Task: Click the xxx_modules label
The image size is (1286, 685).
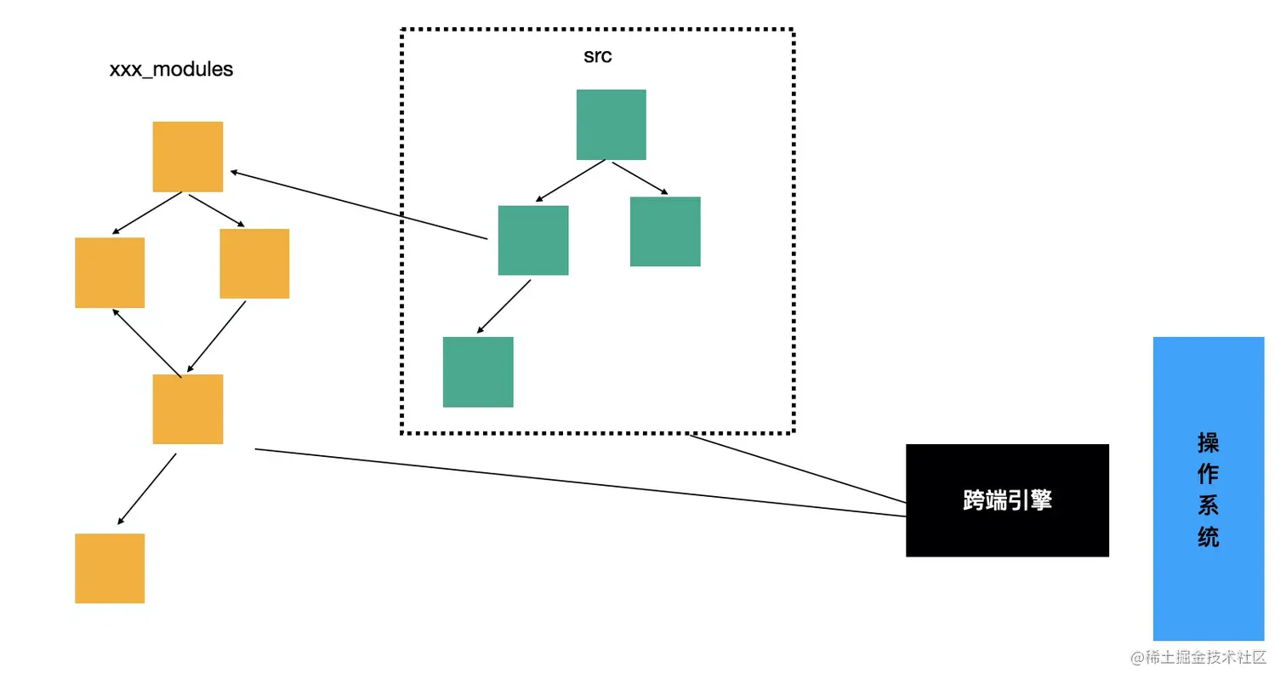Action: click(171, 70)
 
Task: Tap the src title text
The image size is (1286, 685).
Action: click(598, 56)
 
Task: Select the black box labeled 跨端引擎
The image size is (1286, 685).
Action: click(1007, 500)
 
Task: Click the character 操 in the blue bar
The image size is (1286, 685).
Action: click(1208, 443)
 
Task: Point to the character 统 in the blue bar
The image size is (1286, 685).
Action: click(1208, 537)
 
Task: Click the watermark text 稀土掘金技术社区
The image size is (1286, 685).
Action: click(1206, 657)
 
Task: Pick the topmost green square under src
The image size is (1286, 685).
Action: click(611, 124)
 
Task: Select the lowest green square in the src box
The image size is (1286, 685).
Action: click(478, 372)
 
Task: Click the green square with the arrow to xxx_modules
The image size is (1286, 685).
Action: click(532, 241)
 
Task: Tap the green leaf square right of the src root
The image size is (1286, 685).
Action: click(665, 231)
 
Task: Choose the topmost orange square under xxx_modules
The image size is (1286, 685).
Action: click(188, 157)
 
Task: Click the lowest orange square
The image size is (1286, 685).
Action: click(110, 568)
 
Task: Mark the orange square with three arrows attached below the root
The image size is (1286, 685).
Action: click(188, 409)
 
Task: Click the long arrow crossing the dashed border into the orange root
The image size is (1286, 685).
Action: click(359, 204)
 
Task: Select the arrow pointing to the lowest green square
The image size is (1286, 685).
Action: click(504, 306)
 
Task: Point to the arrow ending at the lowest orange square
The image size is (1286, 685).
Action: click(147, 489)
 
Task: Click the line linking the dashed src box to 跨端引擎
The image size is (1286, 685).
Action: click(798, 469)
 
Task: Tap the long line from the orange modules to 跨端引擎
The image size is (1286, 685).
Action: click(580, 482)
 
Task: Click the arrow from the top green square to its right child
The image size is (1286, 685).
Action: click(640, 178)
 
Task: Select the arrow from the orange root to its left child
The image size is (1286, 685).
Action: click(147, 213)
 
